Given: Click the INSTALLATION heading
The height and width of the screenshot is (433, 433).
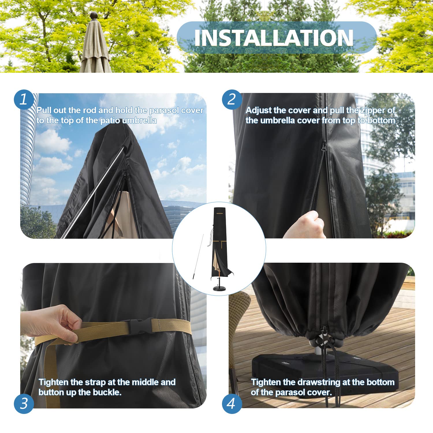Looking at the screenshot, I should [x=274, y=38].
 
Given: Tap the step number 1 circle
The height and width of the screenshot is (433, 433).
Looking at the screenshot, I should [x=24, y=100].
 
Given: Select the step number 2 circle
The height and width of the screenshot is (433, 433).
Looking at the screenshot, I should [x=232, y=100].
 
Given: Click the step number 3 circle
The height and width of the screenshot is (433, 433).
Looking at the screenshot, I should [x=24, y=403].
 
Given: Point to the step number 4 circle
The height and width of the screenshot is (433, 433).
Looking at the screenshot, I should [x=232, y=403].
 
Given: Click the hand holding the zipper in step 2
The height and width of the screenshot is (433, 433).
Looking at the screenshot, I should [x=306, y=225].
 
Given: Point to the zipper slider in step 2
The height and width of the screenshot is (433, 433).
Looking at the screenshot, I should [x=324, y=146].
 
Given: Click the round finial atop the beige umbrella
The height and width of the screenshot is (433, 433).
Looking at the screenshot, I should [x=94, y=16].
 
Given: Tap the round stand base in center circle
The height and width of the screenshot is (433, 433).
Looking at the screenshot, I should [x=220, y=288].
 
